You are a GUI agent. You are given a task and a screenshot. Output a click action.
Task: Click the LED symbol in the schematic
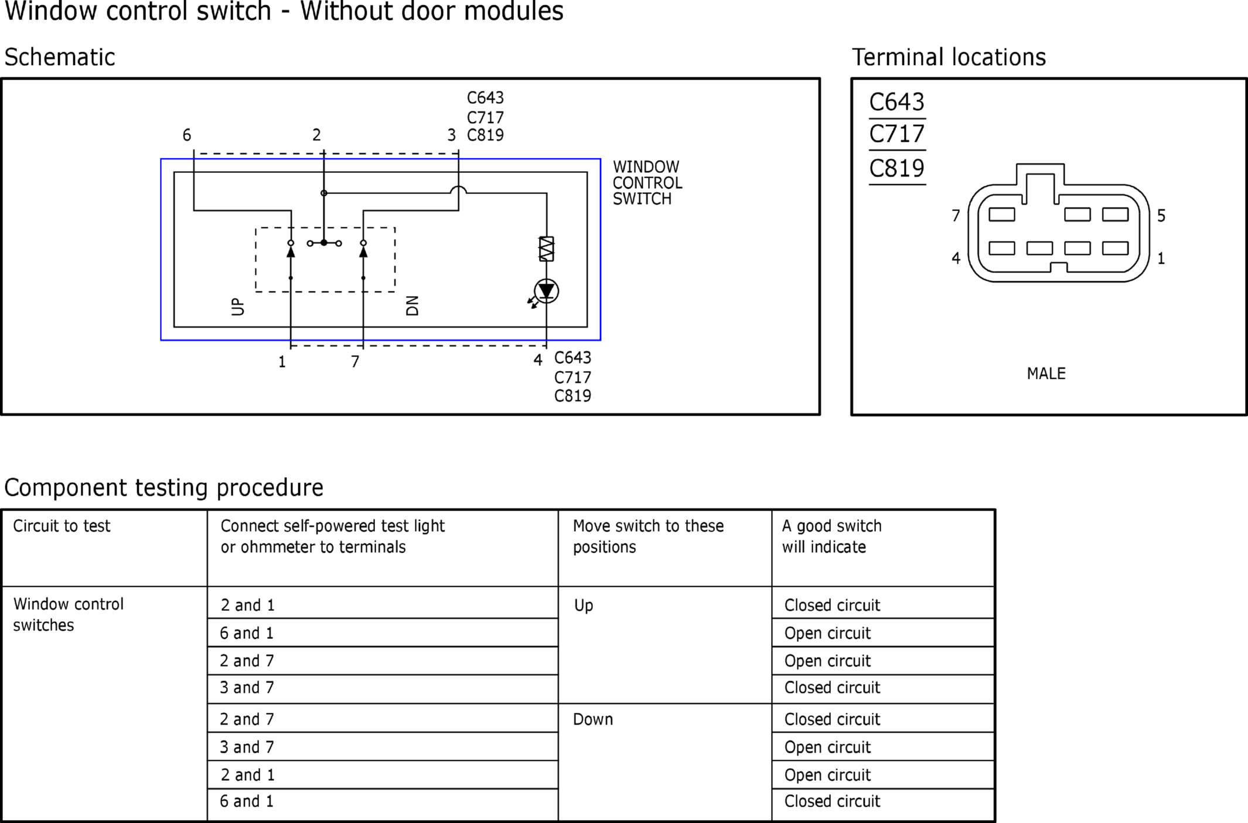point(546,291)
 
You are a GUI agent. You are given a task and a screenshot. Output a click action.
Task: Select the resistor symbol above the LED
point(546,249)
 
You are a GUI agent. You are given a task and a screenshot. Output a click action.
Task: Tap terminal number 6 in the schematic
point(187,135)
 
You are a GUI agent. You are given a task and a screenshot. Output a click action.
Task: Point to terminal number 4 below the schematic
point(538,360)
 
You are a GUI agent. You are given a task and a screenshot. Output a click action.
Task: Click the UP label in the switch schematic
point(238,307)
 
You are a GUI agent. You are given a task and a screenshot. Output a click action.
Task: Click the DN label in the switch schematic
point(412,305)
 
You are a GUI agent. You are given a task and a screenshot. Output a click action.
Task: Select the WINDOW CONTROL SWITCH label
point(647,183)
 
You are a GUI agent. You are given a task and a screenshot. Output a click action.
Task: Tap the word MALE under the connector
point(1046,373)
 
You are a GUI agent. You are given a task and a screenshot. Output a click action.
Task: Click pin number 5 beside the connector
point(1161,216)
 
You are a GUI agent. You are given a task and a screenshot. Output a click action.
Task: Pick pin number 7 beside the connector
point(956,216)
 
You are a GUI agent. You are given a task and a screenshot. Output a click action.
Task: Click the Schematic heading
point(60,57)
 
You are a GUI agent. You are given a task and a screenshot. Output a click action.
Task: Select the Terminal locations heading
point(949,57)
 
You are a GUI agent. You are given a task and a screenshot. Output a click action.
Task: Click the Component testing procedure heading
point(163,488)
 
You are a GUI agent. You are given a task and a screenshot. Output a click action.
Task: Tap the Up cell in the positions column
point(584,606)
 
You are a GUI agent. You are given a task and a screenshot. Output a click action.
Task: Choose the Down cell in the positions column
point(593,719)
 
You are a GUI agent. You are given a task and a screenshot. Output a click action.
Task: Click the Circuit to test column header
point(62,526)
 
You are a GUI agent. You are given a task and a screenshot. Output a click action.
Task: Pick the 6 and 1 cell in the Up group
point(247,633)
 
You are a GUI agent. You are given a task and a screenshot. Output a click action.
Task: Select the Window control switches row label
point(69,614)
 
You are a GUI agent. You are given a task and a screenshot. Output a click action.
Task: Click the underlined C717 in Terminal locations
point(896,134)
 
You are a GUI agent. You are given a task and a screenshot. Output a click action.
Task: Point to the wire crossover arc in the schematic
point(458,189)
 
